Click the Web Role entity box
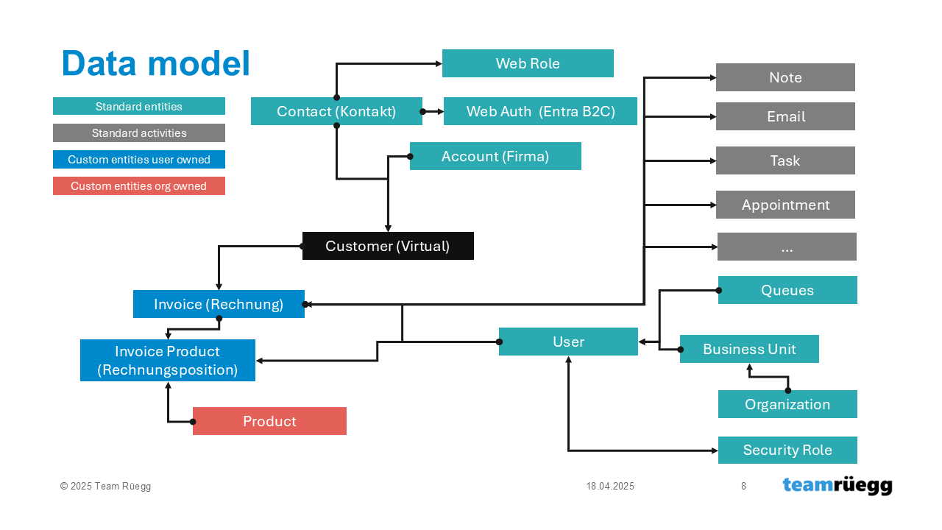(x=528, y=63)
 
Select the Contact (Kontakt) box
(x=336, y=111)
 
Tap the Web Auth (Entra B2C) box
(x=540, y=111)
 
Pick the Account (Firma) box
(x=495, y=156)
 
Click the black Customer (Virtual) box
(x=388, y=246)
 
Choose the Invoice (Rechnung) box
(x=219, y=304)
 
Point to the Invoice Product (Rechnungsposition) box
(x=168, y=361)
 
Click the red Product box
(x=269, y=421)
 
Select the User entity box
(x=569, y=342)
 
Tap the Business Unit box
(x=749, y=349)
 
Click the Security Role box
(x=787, y=450)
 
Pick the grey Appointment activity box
(x=785, y=205)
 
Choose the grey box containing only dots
(x=787, y=247)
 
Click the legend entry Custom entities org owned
(x=139, y=186)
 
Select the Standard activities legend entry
(x=139, y=133)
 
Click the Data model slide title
(x=156, y=63)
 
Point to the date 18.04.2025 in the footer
(x=610, y=487)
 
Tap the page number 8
(x=743, y=487)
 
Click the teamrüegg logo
(x=837, y=486)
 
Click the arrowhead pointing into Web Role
(x=439, y=64)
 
